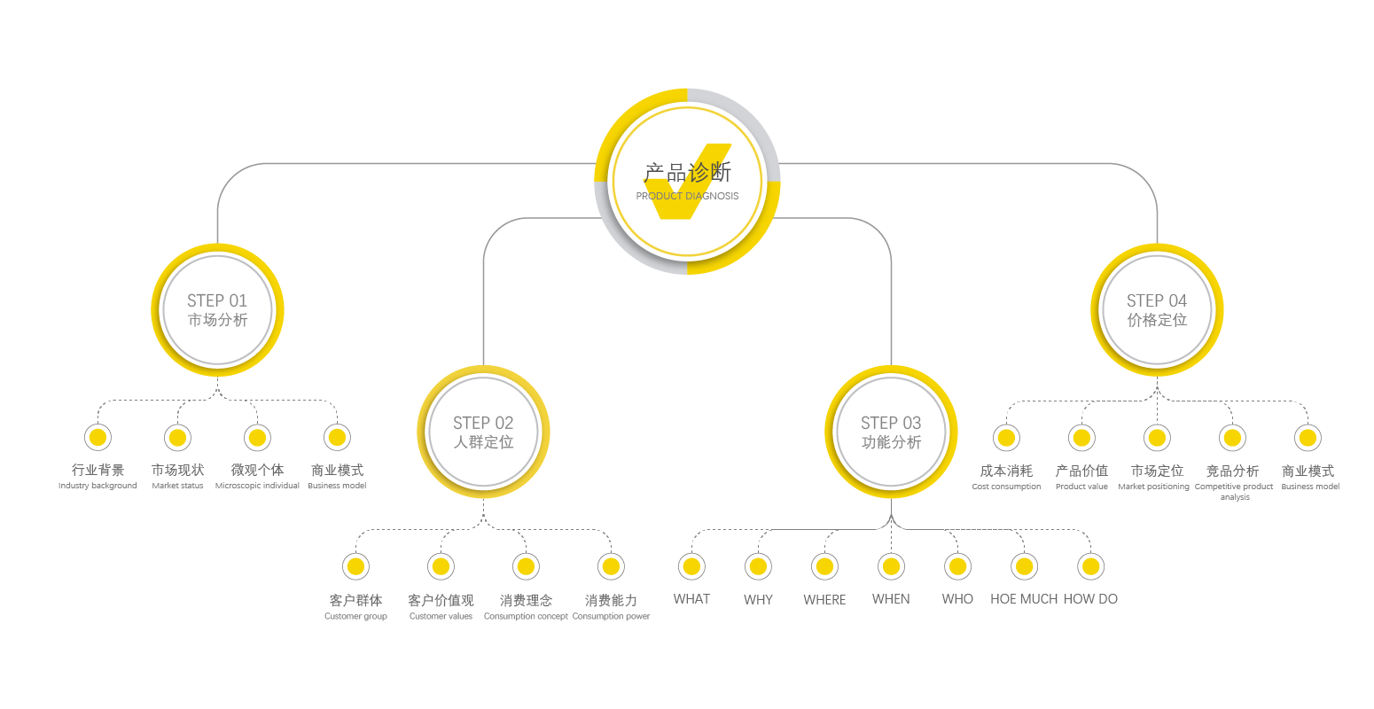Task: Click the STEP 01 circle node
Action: click(x=217, y=310)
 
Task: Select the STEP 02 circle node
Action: click(x=483, y=432)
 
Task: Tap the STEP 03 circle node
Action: click(x=891, y=432)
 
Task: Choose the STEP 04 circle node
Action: click(x=1157, y=310)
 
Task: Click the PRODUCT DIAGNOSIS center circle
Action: click(x=687, y=182)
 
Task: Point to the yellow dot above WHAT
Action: click(x=691, y=566)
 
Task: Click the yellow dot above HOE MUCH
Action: click(x=1024, y=566)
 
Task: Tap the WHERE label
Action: click(x=824, y=600)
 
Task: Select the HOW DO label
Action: click(x=1090, y=599)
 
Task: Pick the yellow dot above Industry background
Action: click(x=98, y=437)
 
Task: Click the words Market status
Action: click(x=177, y=486)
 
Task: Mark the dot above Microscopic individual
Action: click(x=257, y=437)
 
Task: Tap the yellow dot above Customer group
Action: click(x=355, y=566)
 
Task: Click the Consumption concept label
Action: click(x=526, y=616)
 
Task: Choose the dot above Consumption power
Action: click(x=611, y=566)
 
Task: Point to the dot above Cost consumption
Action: click(x=1006, y=437)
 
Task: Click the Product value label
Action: click(x=1081, y=487)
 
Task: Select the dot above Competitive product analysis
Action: click(x=1232, y=437)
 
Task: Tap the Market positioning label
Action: click(x=1154, y=487)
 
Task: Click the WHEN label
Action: click(x=891, y=599)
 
